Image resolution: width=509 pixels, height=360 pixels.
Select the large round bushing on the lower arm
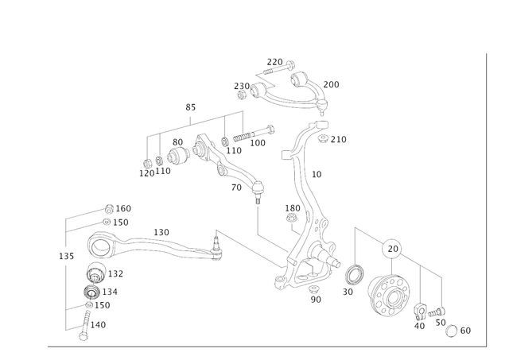pyautogui.click(x=100, y=246)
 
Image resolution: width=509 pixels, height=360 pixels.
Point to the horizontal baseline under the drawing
pyautogui.click(x=262, y=345)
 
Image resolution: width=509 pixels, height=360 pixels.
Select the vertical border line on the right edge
pyautogui.click(x=484, y=199)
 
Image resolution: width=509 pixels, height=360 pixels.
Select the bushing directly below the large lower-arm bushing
pyautogui.click(x=95, y=275)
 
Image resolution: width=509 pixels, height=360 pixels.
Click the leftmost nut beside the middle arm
pyautogui.click(x=148, y=168)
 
